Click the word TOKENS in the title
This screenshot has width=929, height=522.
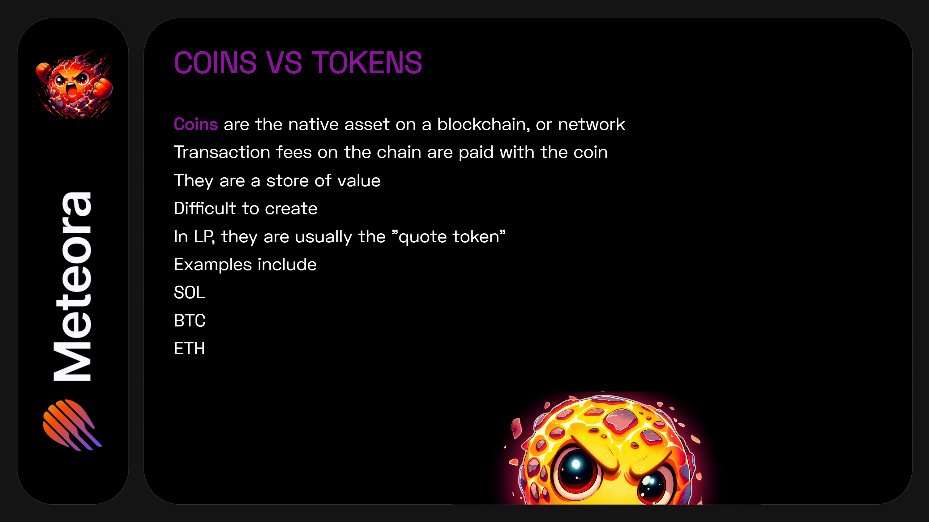click(366, 63)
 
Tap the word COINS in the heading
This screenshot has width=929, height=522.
click(215, 63)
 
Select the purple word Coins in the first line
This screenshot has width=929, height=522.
click(196, 124)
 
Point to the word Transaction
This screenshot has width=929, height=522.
click(222, 152)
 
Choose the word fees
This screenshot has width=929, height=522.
click(293, 152)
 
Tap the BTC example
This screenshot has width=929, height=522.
click(189, 320)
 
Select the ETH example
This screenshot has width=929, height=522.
click(189, 348)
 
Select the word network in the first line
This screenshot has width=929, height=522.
click(591, 124)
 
